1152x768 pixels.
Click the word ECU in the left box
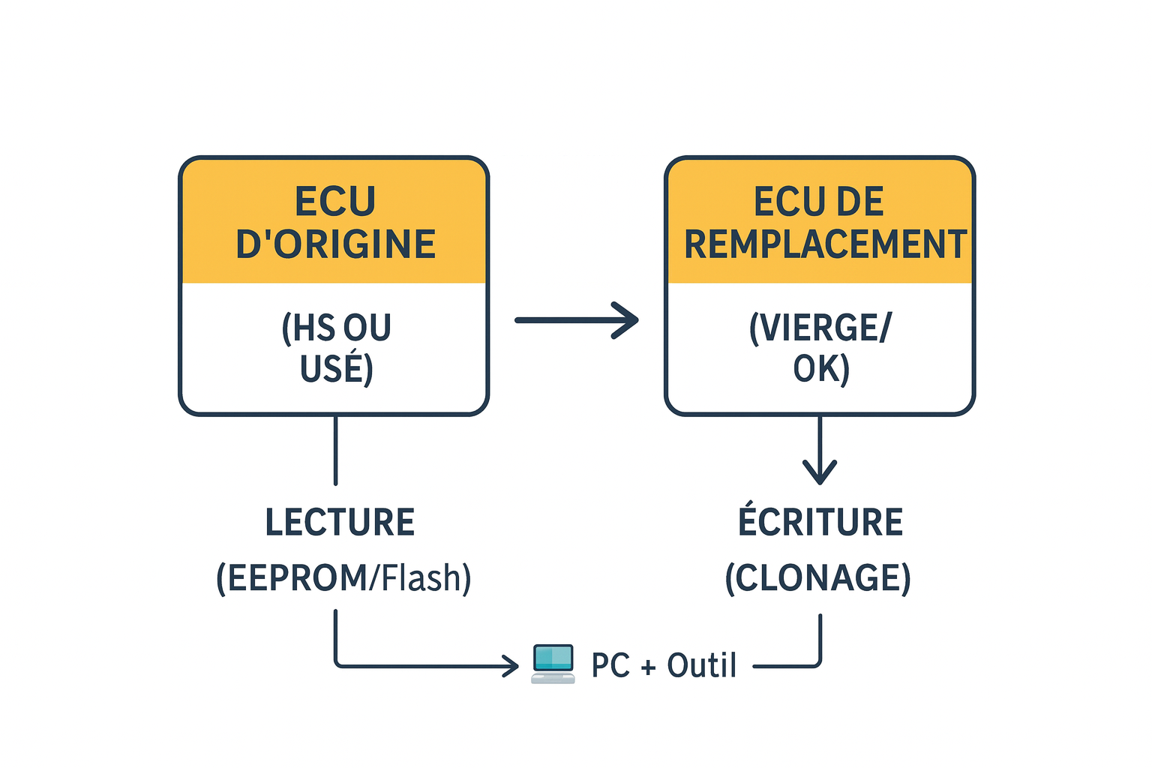pos(334,202)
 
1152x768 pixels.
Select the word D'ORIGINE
pos(335,244)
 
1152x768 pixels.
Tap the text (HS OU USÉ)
pos(336,348)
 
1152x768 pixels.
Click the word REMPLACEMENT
pos(825,244)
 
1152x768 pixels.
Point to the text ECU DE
pos(819,202)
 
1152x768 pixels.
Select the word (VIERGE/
pos(820,328)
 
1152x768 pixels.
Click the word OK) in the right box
pos(821,369)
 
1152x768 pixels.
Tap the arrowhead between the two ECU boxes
pos(627,320)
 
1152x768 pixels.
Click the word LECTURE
pos(340,523)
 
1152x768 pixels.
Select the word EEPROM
pos(297,578)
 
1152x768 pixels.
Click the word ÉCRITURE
pos(820,523)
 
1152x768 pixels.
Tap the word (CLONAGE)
pos(817,578)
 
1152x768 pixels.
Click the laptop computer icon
pos(553,664)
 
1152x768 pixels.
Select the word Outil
pos(702,665)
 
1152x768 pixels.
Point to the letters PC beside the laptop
pos(610,665)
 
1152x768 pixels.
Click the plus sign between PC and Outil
pos(648,667)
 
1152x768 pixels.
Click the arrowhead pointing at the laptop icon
pos(512,665)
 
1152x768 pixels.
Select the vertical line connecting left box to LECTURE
pos(335,450)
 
